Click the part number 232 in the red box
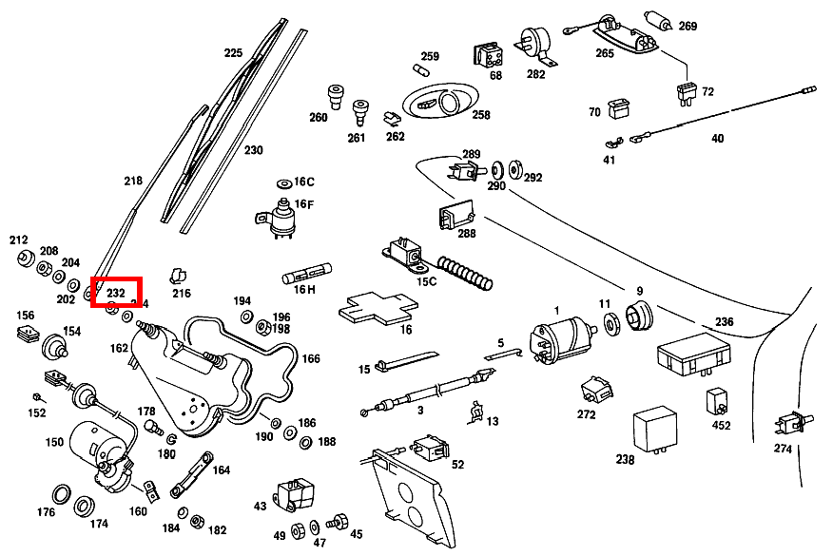click(x=116, y=293)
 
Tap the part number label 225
click(x=233, y=53)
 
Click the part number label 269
click(x=688, y=26)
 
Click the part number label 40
click(x=717, y=139)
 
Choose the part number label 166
click(x=311, y=359)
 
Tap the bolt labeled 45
click(x=336, y=522)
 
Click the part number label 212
click(x=19, y=240)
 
